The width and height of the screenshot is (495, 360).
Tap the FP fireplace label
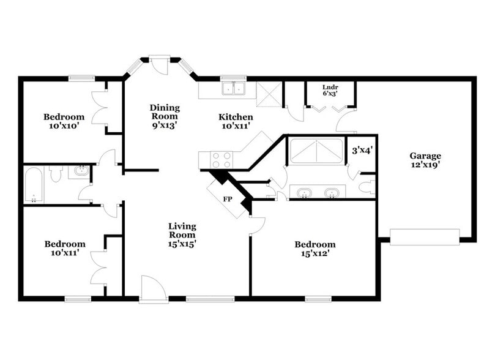tap(227, 199)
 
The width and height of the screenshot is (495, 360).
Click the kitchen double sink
tap(233, 89)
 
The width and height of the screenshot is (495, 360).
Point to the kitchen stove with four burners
tap(221, 160)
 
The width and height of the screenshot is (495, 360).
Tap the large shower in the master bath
tap(316, 151)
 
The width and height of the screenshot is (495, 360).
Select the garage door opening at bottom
tap(425, 236)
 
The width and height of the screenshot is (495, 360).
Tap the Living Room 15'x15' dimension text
tap(182, 243)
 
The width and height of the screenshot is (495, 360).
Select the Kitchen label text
tap(236, 116)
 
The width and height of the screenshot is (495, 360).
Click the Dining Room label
tap(164, 111)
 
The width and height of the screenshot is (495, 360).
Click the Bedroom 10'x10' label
tap(64, 121)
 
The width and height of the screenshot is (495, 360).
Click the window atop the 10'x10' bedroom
tap(81, 78)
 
